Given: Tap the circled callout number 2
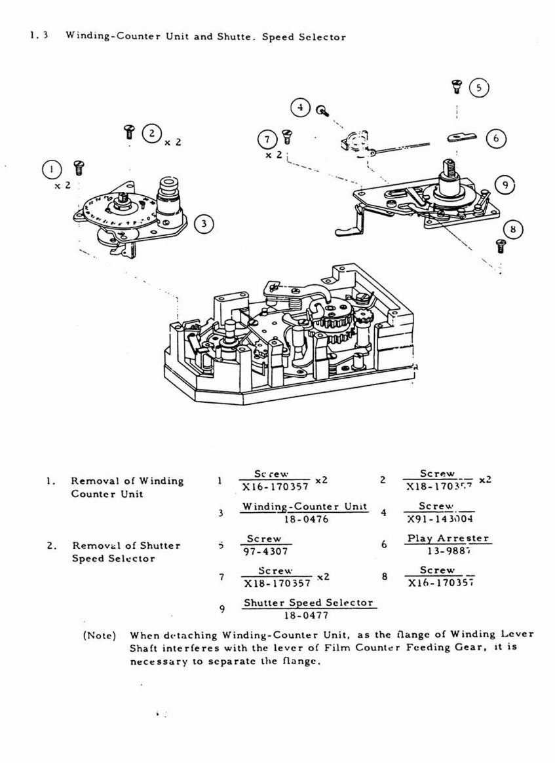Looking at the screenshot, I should [152, 133].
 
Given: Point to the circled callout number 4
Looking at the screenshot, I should [300, 107].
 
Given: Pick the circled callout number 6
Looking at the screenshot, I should [496, 138].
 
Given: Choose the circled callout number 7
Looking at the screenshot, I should [267, 140].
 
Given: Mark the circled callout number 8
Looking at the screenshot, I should [513, 229].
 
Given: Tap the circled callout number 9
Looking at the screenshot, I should [504, 186].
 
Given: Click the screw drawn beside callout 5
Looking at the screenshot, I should [457, 85].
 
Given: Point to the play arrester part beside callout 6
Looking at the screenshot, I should [462, 136].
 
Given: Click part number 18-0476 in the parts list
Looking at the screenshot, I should [305, 519].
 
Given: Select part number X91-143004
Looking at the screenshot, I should [440, 519].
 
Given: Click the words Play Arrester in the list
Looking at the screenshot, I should [448, 538].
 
